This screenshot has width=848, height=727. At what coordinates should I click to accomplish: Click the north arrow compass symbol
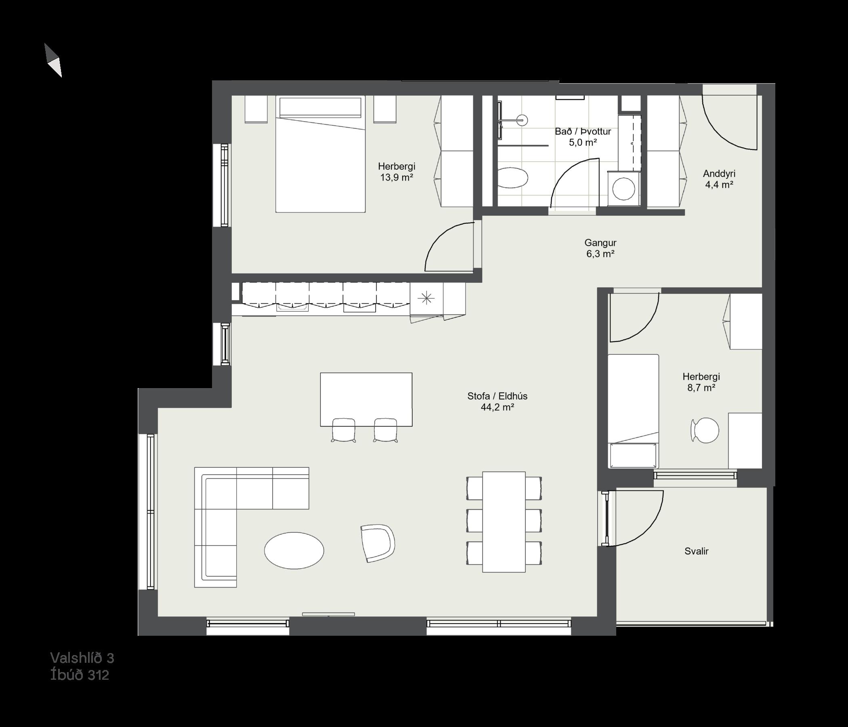(53, 60)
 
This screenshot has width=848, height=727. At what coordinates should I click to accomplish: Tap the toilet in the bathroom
(513, 178)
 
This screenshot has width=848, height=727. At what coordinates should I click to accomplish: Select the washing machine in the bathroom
(624, 188)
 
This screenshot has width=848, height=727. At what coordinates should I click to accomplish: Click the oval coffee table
(294, 551)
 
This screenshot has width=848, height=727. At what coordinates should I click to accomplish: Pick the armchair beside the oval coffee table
(377, 543)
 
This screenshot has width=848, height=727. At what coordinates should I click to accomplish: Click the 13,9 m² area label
(396, 178)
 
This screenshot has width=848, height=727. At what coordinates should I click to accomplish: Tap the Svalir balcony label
(696, 551)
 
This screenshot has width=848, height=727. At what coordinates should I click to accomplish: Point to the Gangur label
(600, 243)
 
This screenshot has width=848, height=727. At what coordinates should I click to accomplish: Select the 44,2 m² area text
(497, 407)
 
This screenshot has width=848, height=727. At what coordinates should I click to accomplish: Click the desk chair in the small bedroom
(705, 430)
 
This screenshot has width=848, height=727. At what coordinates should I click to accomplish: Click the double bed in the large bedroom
(321, 154)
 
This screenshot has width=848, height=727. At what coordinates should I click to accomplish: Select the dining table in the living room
(504, 521)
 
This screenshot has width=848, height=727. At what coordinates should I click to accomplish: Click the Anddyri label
(719, 174)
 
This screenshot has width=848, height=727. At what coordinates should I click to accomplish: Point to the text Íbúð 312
(80, 675)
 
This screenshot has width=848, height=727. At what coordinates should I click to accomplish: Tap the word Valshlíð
(77, 658)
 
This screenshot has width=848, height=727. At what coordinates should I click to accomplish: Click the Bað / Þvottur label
(583, 131)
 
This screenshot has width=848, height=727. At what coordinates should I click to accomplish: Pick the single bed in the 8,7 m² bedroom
(633, 411)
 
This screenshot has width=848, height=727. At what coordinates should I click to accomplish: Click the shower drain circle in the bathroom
(522, 120)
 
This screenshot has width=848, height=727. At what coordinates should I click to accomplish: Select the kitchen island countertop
(366, 399)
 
